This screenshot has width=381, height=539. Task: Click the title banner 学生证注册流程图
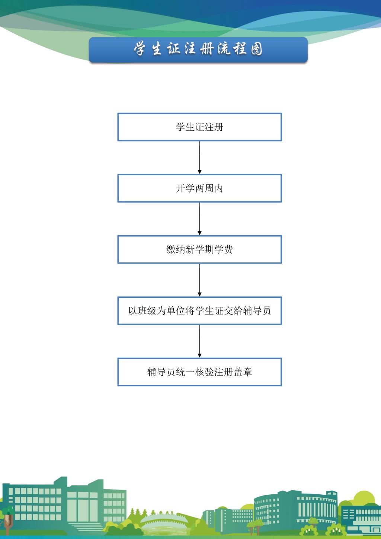pyautogui.click(x=198, y=50)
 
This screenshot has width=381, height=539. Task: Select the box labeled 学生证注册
pyautogui.click(x=199, y=127)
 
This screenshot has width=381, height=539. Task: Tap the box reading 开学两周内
pyautogui.click(x=199, y=188)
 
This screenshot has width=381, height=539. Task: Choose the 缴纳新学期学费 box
pyautogui.click(x=199, y=249)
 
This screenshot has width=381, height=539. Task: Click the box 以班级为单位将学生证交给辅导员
pyautogui.click(x=199, y=311)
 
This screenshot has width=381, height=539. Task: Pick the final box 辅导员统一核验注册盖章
pyautogui.click(x=199, y=372)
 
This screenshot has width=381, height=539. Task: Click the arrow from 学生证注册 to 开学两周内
pyautogui.click(x=200, y=157)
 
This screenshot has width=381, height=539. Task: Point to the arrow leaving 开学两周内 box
pyautogui.click(x=200, y=219)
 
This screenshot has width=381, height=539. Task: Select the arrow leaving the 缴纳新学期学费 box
pyautogui.click(x=200, y=280)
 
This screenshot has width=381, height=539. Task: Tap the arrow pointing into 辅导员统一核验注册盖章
pyautogui.click(x=200, y=341)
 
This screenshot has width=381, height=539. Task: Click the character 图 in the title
pyautogui.click(x=256, y=49)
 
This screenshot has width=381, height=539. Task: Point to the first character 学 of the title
pyautogui.click(x=140, y=49)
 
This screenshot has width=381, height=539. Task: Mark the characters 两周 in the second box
pyautogui.click(x=200, y=188)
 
